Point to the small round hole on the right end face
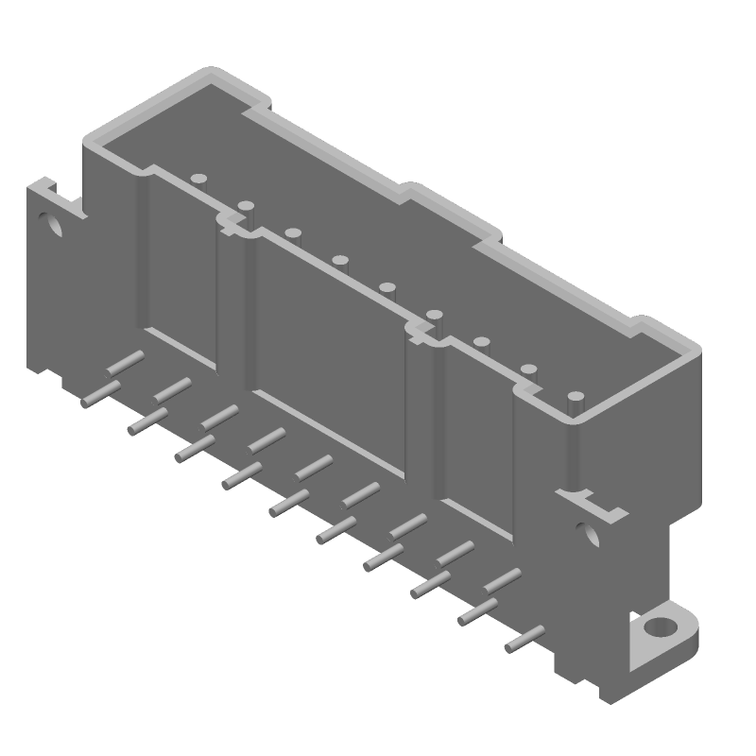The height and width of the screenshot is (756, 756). [591, 533]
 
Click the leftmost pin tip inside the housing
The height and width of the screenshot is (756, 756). [198, 178]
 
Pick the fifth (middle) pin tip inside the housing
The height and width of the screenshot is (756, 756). [387, 286]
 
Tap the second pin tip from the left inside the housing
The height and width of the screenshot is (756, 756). [245, 205]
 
